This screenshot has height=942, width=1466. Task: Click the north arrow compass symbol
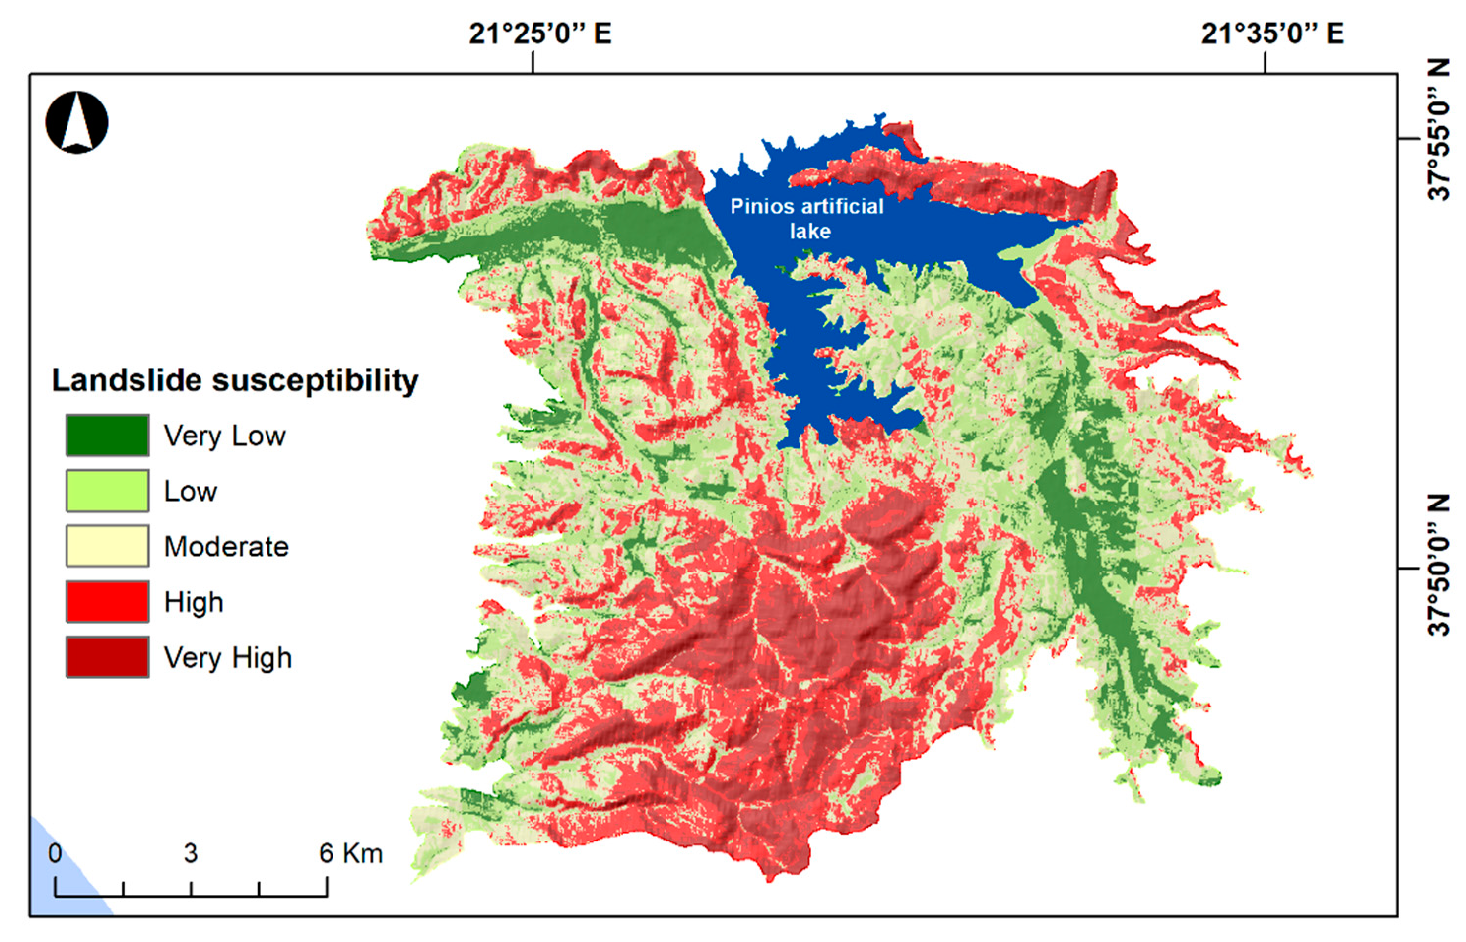77,122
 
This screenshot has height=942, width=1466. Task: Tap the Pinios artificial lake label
807,218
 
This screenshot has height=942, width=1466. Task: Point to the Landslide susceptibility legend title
235,380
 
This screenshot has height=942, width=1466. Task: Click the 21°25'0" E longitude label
540,34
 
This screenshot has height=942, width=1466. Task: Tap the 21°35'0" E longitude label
1272,34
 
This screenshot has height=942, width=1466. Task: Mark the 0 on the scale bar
55,854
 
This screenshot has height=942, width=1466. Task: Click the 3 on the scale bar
191,854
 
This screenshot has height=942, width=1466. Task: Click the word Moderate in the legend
226,546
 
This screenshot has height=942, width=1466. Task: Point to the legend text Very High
228,658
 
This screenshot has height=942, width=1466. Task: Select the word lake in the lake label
810,231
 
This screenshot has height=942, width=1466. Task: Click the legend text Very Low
225,436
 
